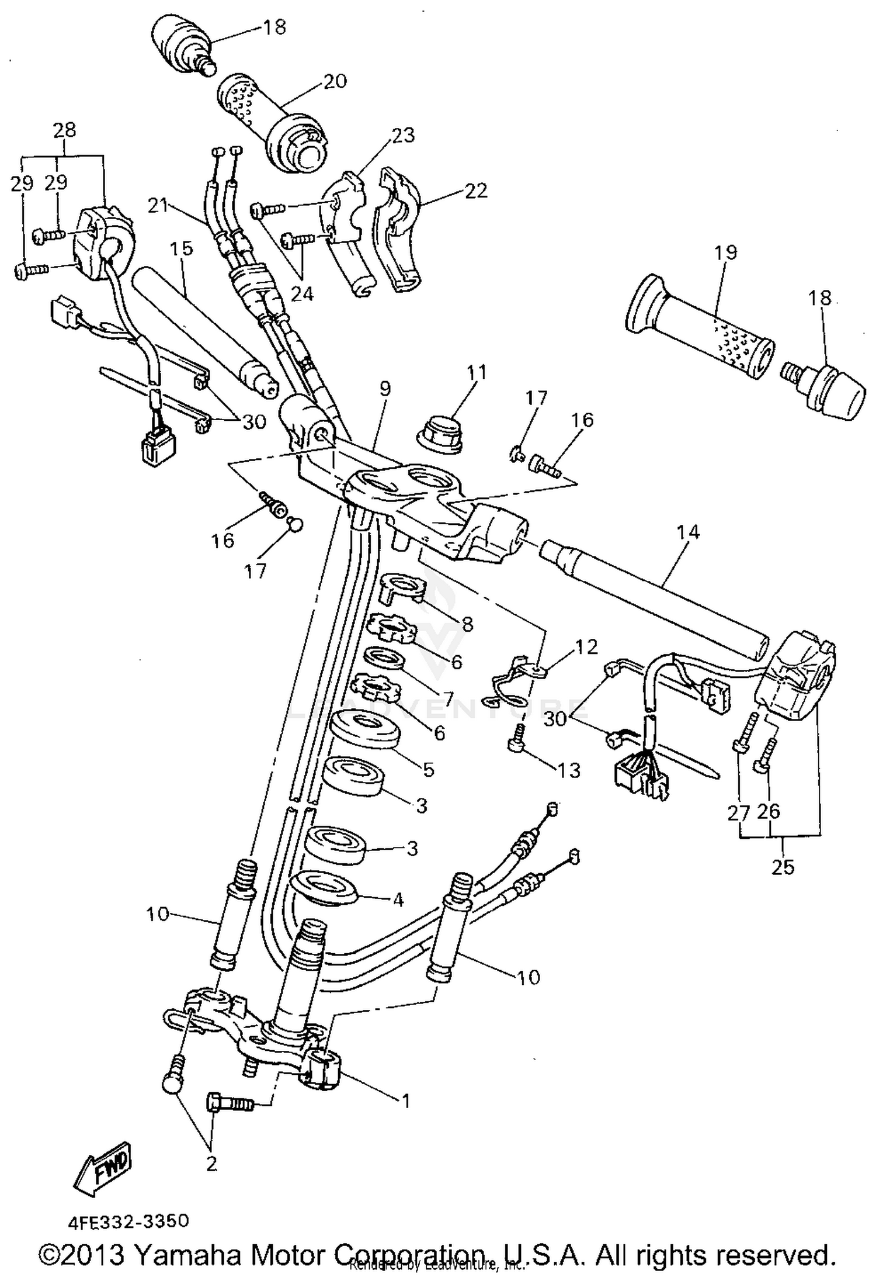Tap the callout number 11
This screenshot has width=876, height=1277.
477,373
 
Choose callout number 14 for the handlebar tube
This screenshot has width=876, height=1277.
687,532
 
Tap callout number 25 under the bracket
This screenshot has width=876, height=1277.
783,866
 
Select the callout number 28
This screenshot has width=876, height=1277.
64,130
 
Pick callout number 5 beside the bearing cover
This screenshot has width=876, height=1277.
429,769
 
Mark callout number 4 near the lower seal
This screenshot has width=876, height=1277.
398,900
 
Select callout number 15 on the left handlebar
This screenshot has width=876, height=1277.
181,249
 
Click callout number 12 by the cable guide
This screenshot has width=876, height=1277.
586,646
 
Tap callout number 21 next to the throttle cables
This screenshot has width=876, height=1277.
158,206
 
